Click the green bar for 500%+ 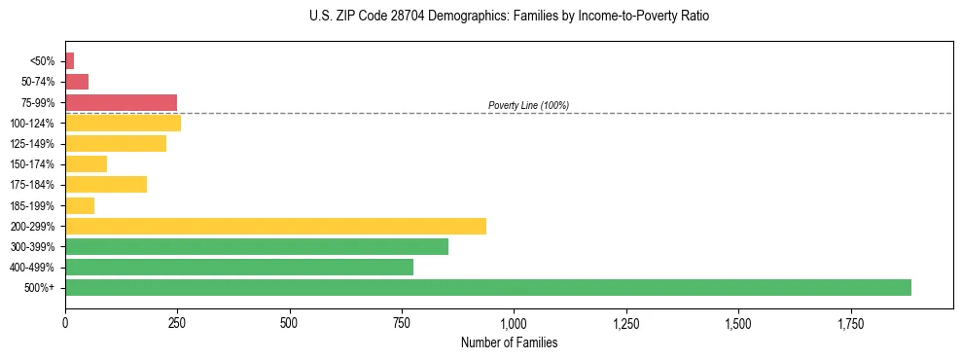click(487, 287)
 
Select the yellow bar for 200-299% click(275, 226)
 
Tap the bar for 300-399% click(257, 246)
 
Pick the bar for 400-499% click(239, 267)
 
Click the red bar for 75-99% click(121, 102)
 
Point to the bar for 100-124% click(123, 123)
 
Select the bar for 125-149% click(116, 143)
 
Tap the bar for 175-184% click(106, 184)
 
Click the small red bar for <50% click(69, 61)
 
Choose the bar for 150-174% click(86, 163)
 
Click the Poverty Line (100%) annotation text click(528, 105)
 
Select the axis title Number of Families click(509, 342)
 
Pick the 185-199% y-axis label click(40, 205)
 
